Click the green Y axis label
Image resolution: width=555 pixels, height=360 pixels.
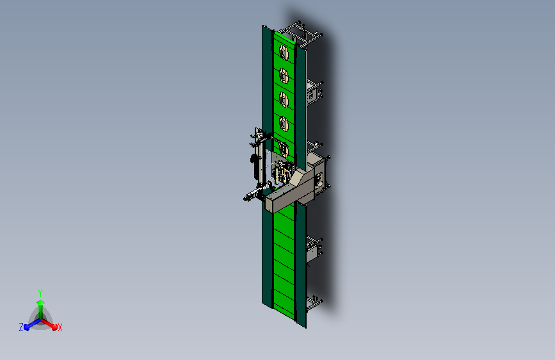[40, 293]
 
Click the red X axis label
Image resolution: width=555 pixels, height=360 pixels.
[60, 328]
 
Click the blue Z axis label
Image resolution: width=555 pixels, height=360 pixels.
[21, 327]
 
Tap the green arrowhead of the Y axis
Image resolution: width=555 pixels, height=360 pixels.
[41, 303]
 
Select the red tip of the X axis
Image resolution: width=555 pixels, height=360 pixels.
[54, 327]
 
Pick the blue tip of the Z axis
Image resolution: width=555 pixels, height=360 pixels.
[27, 328]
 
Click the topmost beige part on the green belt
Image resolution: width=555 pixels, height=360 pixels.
[284, 52]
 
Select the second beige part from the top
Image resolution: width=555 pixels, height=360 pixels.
[284, 76]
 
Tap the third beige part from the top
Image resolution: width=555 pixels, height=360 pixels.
[284, 99]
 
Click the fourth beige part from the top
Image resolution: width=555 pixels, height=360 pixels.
[284, 124]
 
